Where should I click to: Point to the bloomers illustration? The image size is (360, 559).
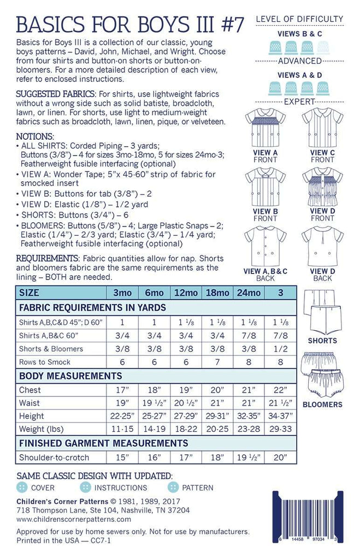[x=322, y=376]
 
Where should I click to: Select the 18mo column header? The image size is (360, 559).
[x=217, y=293]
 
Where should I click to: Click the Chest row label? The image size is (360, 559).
[x=29, y=390]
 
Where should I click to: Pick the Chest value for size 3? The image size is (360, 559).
[x=280, y=390]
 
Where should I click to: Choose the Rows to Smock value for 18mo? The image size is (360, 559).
[x=217, y=362]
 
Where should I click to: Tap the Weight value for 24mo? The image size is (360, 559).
[x=249, y=429]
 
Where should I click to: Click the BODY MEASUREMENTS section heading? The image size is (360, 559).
[x=70, y=376]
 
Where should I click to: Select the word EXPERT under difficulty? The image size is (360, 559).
[x=299, y=102]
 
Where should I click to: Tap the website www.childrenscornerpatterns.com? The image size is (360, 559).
[x=74, y=519]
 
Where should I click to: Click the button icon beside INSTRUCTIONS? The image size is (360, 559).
[x=85, y=487]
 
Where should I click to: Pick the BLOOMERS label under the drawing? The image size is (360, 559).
[x=322, y=405]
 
